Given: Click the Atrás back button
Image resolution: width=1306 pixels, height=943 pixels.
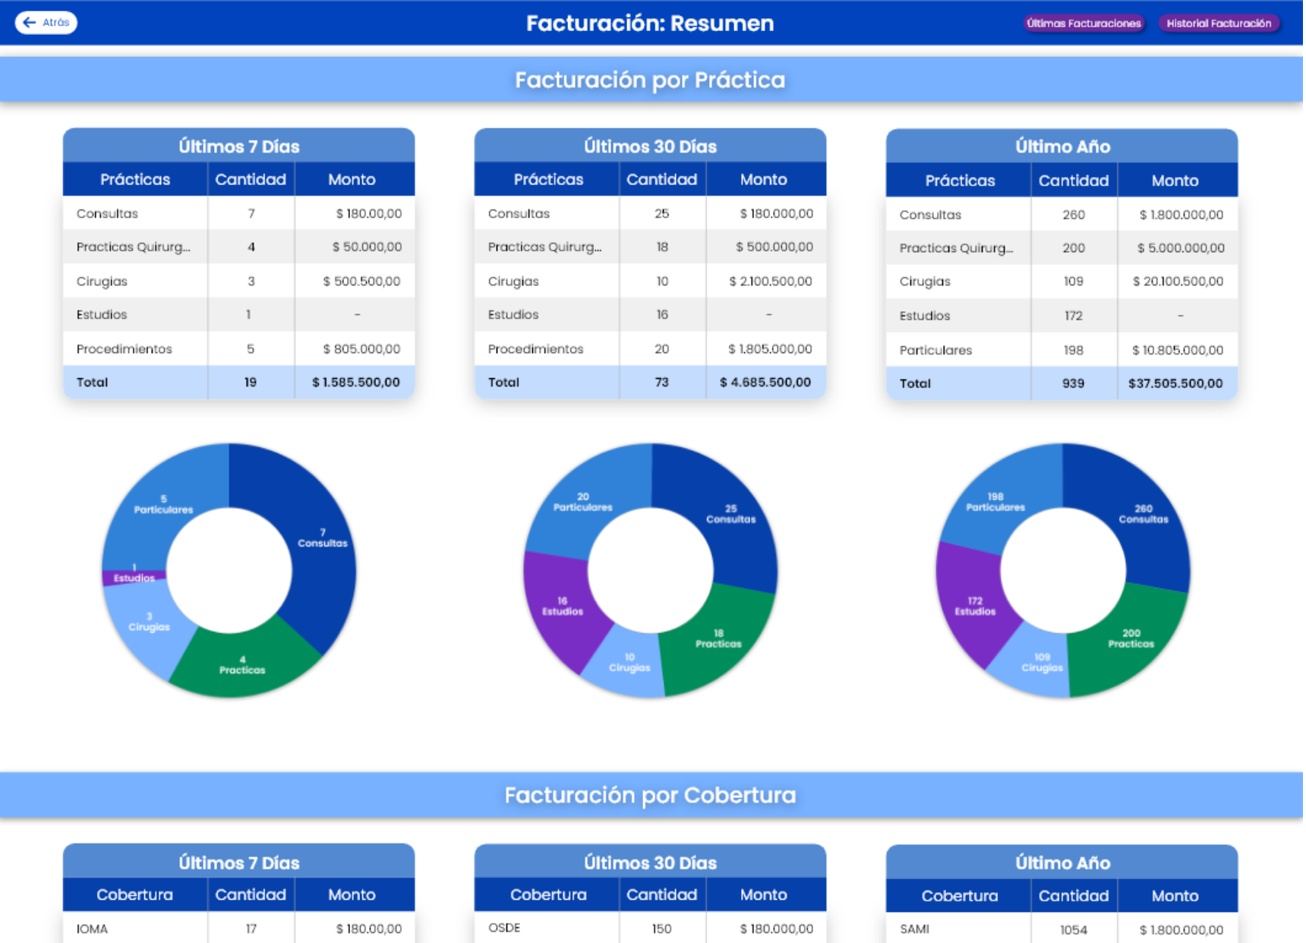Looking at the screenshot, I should (x=46, y=23).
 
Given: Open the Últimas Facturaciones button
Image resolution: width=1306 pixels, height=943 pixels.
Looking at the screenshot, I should (x=1084, y=24).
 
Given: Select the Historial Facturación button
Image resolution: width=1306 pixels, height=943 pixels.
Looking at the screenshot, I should (x=1219, y=24).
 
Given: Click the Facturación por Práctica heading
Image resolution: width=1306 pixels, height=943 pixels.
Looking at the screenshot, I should (x=650, y=80).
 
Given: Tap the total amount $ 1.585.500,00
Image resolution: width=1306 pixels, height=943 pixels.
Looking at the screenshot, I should (x=355, y=383).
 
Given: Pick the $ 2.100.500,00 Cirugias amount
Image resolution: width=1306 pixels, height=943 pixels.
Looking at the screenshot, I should (x=770, y=282).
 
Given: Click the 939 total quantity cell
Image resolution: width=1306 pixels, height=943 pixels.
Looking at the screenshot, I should (x=1073, y=383).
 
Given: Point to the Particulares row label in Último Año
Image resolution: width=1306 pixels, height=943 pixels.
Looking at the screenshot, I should (x=935, y=350).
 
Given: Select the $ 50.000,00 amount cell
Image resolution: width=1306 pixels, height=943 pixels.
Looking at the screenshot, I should (x=367, y=247).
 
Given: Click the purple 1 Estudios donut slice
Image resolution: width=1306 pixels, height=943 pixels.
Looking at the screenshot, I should (x=134, y=577).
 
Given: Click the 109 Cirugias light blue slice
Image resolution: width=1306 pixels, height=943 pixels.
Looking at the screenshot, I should (x=1042, y=663).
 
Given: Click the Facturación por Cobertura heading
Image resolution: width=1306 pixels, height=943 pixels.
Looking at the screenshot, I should (x=650, y=795).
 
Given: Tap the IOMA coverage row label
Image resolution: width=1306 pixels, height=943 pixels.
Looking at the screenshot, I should (x=92, y=929).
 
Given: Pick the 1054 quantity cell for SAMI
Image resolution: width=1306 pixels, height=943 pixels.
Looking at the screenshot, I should (x=1073, y=929).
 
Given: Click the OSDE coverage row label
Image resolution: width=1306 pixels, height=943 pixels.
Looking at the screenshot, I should (x=504, y=928).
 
